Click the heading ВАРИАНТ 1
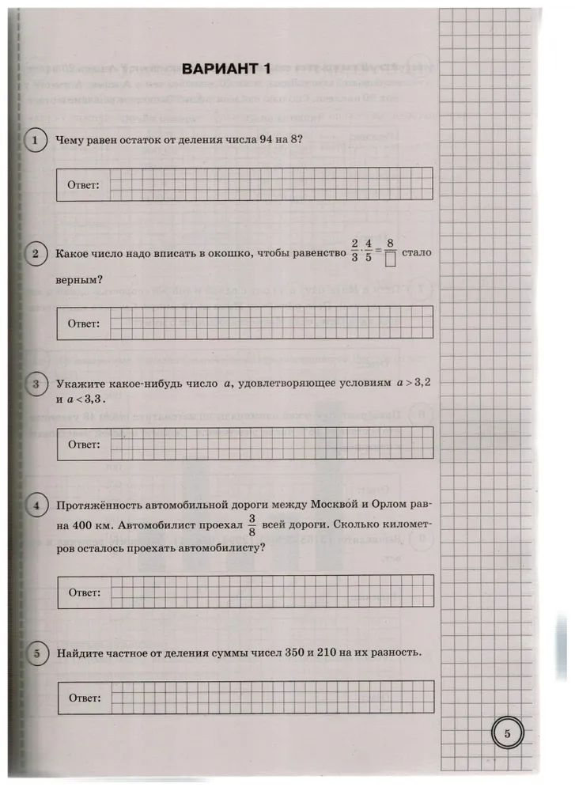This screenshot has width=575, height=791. point(226,69)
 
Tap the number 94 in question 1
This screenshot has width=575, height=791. point(258,140)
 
